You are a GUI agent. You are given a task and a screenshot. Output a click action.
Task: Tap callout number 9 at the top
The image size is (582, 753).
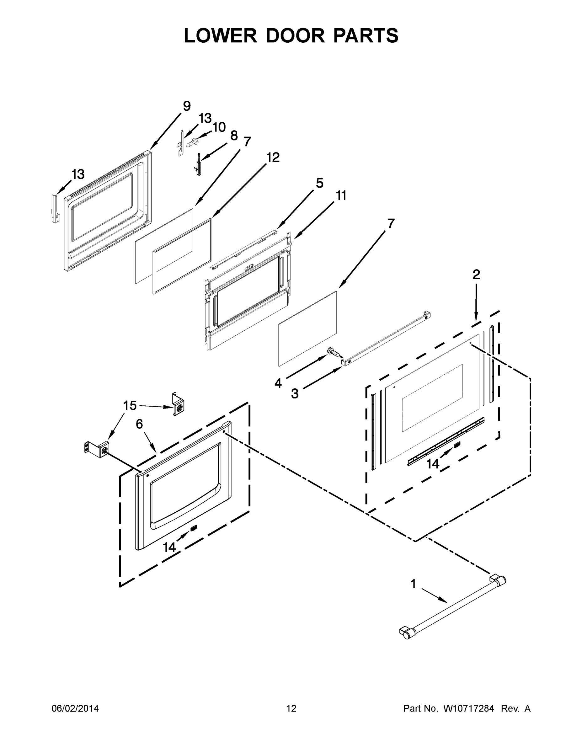click(187, 106)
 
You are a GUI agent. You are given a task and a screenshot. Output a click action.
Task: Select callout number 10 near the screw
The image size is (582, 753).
click(219, 127)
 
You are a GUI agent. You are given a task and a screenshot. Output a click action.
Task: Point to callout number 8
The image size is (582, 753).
click(234, 136)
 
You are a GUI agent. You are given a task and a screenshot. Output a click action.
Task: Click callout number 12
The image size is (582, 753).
click(273, 158)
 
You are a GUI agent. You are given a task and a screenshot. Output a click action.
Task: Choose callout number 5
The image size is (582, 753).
click(319, 183)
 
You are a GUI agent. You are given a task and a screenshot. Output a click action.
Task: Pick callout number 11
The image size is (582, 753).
click(341, 195)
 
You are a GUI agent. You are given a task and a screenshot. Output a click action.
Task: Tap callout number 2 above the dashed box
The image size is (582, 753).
click(476, 275)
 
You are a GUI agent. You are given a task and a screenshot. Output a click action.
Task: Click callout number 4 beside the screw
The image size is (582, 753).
click(278, 383)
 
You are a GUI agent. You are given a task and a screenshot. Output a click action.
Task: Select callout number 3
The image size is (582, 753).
click(294, 393)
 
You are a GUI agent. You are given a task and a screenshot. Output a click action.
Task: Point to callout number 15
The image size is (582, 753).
click(130, 405)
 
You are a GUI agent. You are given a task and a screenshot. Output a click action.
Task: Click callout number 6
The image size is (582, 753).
click(139, 424)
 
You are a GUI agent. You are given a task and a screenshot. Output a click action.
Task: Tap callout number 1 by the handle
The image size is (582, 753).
click(413, 584)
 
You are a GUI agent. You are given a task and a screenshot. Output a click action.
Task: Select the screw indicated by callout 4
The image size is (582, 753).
click(334, 352)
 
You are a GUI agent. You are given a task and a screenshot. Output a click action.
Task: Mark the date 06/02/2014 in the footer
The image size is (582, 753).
click(75, 708)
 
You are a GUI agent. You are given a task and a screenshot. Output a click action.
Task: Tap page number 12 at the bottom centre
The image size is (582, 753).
click(291, 708)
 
